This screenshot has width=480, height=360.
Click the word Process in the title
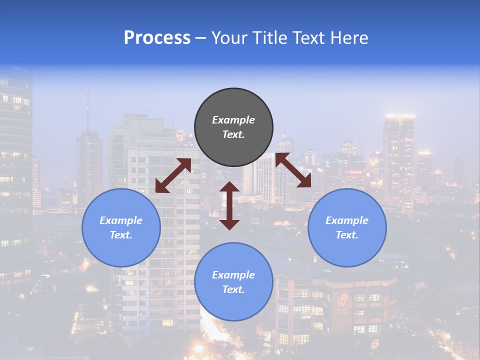pyautogui.click(x=157, y=38)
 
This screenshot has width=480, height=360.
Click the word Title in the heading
pyautogui.click(x=267, y=38)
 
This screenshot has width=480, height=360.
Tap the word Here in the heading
pyautogui.click(x=348, y=38)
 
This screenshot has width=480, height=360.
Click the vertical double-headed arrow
pyautogui.click(x=229, y=206)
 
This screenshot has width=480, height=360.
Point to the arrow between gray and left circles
pyautogui.click(x=173, y=175)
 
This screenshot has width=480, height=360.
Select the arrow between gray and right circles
pyautogui.click(x=293, y=170)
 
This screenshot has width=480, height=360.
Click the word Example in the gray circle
pyautogui.click(x=233, y=120)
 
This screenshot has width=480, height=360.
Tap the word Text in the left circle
pyautogui.click(x=121, y=235)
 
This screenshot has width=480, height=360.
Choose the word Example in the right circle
pyautogui.click(x=347, y=220)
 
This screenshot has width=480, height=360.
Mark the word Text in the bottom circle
pyautogui.click(x=233, y=289)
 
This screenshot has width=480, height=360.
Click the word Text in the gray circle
pyautogui.click(x=233, y=134)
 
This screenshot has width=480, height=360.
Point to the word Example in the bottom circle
pyautogui.click(x=233, y=275)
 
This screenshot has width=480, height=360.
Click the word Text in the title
pyautogui.click(x=305, y=38)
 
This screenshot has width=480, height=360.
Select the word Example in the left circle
pyautogui.click(x=121, y=220)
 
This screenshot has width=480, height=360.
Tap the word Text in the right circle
pyautogui.click(x=347, y=235)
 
